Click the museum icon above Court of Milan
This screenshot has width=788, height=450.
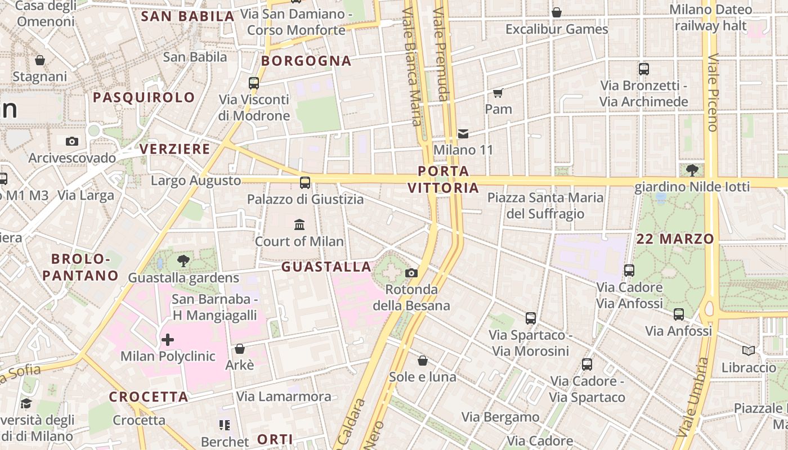(299, 225)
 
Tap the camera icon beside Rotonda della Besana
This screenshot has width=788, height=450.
(411, 273)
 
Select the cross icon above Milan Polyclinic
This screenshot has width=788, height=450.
(168, 339)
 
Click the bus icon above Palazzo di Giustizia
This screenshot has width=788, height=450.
(305, 182)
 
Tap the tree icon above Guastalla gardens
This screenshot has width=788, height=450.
(183, 260)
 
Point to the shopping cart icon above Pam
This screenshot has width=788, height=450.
(498, 93)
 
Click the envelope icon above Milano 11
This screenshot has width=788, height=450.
(463, 134)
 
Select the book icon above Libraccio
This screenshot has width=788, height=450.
(748, 351)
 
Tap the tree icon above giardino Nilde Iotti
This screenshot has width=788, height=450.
(692, 169)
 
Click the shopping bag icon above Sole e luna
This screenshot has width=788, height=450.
(423, 361)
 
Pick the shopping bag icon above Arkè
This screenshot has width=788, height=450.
(240, 349)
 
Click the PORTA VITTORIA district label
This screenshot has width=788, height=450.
(444, 179)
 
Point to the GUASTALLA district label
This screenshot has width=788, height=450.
(326, 267)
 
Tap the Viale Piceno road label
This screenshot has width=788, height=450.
(713, 93)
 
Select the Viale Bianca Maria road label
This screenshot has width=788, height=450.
(412, 67)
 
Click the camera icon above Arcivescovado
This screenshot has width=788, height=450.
(72, 141)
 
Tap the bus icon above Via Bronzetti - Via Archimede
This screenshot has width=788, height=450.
(644, 69)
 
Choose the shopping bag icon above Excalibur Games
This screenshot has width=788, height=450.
(557, 12)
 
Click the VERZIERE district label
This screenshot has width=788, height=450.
(174, 149)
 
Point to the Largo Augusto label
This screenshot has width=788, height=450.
(196, 181)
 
